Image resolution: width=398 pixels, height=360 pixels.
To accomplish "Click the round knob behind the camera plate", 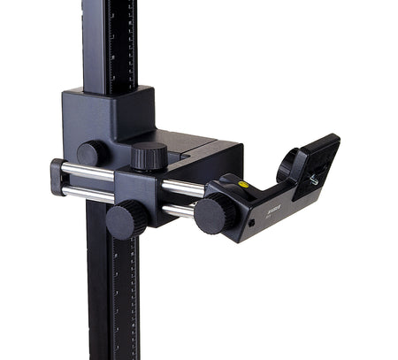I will (288, 165).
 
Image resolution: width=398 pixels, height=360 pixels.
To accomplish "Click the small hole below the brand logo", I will (251, 223).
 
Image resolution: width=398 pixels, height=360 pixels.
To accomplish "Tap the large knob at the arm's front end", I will (215, 214).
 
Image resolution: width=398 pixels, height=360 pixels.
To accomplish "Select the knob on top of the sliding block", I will (149, 156).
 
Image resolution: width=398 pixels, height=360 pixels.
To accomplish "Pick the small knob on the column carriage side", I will (90, 153).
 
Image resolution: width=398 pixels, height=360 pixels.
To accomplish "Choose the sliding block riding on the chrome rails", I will (142, 190).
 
